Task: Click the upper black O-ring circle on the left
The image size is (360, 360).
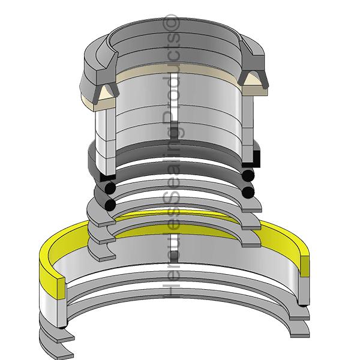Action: pos(110,188)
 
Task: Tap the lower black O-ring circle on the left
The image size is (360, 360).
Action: pos(110,205)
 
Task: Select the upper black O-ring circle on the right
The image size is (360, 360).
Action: pos(248,175)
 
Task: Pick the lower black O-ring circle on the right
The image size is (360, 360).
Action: pos(248,191)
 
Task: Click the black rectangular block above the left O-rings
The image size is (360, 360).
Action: pos(107,178)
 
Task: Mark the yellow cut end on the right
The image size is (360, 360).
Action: pos(304,265)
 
